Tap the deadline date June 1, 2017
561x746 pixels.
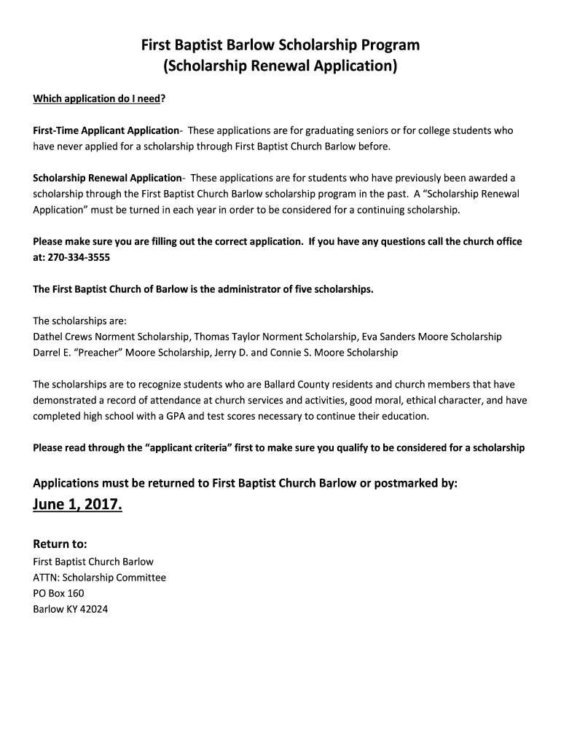tap(78, 505)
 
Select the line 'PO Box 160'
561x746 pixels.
tap(59, 593)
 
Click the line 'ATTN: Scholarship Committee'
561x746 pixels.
tap(100, 577)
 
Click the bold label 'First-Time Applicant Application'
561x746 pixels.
tap(106, 130)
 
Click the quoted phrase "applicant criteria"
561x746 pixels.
tap(194, 448)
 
